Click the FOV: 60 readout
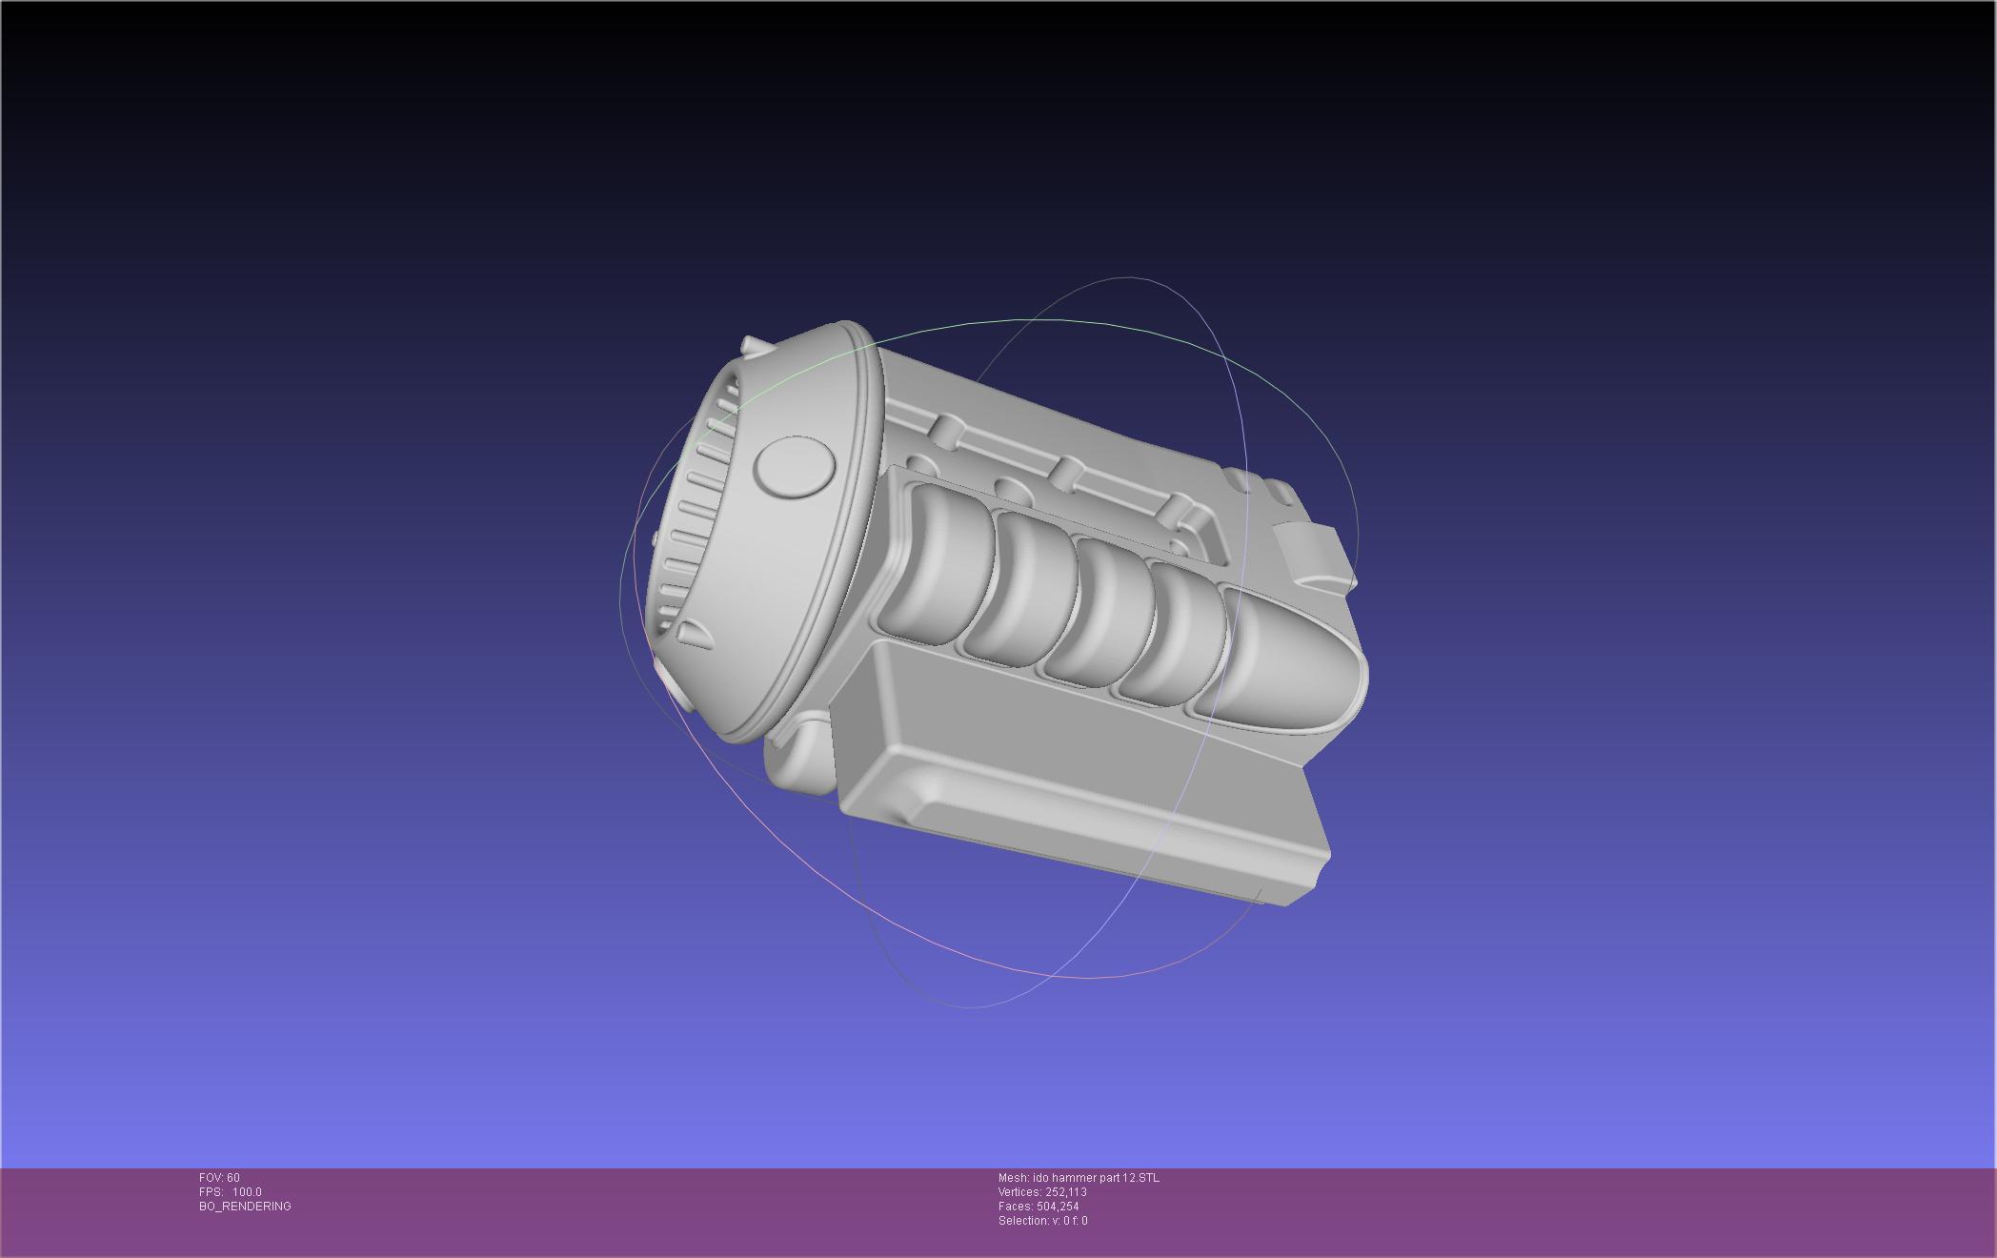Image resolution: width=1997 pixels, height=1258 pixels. point(219,1178)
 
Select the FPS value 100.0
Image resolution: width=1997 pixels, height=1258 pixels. point(247,1192)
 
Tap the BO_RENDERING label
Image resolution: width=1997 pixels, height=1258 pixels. point(245,1207)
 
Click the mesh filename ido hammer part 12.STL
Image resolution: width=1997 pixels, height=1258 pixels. point(1096,1178)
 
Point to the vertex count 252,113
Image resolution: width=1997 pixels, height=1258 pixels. point(1066,1192)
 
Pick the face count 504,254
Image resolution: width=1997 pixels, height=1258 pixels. point(1058,1207)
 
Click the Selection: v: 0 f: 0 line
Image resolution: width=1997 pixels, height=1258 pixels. point(1042,1221)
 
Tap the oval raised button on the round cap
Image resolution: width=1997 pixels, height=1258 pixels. point(794,467)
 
